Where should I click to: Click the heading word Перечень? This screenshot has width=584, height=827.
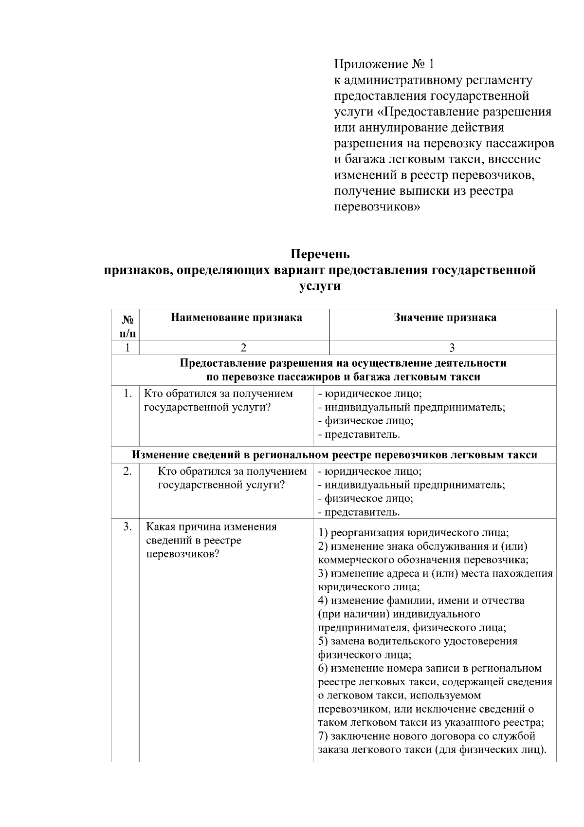click(320, 254)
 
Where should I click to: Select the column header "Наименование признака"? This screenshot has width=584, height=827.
click(236, 318)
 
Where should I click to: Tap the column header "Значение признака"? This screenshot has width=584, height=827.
click(445, 318)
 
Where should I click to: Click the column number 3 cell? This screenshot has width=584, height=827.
click(452, 348)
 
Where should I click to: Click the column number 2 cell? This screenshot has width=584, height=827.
click(243, 348)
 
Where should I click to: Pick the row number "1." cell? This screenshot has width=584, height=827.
click(127, 394)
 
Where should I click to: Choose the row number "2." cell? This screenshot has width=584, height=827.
click(127, 471)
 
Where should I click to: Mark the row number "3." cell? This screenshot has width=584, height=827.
click(127, 526)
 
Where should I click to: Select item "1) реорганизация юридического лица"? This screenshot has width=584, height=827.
click(414, 532)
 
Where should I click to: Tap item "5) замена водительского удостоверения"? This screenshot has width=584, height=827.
click(418, 641)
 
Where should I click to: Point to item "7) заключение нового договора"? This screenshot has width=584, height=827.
click(426, 736)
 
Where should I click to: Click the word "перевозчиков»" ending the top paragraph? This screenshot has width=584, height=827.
click(377, 207)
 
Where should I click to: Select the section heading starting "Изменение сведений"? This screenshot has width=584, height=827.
click(335, 455)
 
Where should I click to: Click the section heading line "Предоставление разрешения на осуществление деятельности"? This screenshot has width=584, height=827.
click(343, 363)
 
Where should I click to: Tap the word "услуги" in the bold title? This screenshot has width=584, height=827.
click(320, 286)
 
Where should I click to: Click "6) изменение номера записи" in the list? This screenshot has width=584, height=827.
click(429, 668)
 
